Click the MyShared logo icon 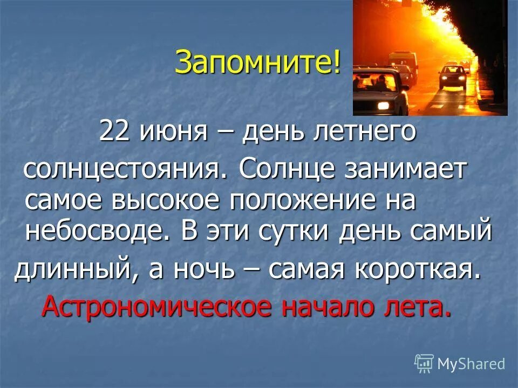click(424, 363)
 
